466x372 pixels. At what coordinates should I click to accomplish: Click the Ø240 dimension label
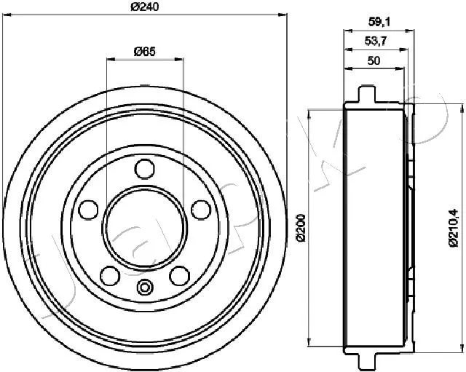(x=145, y=7)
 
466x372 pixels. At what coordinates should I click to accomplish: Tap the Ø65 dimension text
(x=145, y=52)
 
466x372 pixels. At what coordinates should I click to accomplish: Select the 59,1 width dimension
(x=379, y=22)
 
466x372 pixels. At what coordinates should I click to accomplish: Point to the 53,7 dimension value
(x=376, y=41)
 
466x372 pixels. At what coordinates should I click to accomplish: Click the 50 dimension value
(x=374, y=60)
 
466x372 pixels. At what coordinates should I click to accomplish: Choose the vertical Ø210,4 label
(x=454, y=228)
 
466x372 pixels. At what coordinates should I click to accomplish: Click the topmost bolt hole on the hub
(x=145, y=169)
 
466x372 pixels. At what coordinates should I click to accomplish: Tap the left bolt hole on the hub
(x=88, y=210)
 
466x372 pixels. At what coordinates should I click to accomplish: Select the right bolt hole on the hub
(x=201, y=210)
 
